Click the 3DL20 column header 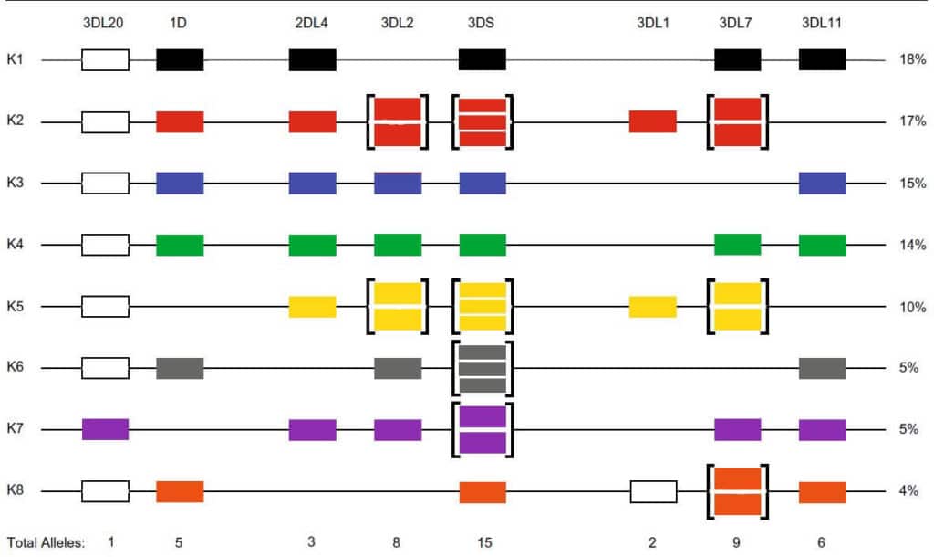[x=103, y=24]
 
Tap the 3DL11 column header [x=821, y=24]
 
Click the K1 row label [x=16, y=60]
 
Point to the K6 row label [x=16, y=368]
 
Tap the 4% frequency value [x=908, y=491]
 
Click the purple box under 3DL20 [x=105, y=429]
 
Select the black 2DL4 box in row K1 [x=312, y=60]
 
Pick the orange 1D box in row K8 [x=180, y=491]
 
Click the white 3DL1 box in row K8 [x=653, y=491]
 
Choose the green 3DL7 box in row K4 [x=737, y=245]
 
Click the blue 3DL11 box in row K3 [x=822, y=184]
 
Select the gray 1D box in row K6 [x=180, y=368]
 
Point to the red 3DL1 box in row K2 [x=652, y=121]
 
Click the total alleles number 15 [x=483, y=542]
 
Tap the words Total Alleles [x=46, y=542]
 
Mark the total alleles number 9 [x=737, y=542]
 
